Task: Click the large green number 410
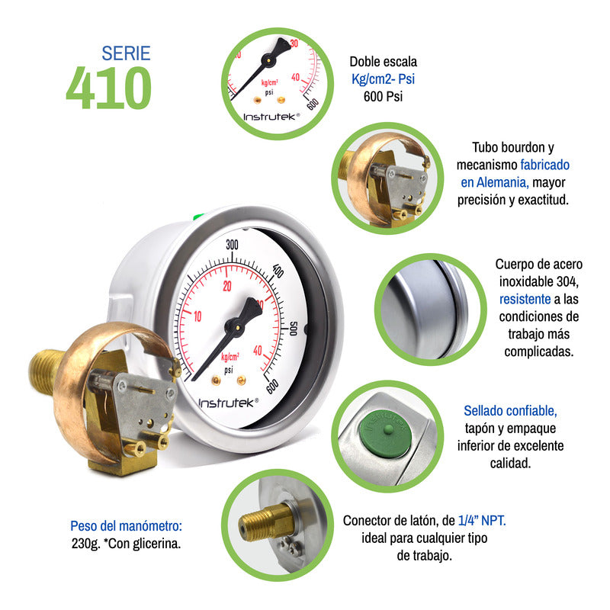[108, 88]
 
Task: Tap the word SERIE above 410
[126, 53]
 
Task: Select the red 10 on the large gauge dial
[197, 316]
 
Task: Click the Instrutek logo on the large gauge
[228, 402]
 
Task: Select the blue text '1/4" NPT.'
[482, 520]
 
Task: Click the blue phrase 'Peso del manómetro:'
[127, 526]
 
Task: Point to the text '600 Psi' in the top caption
[383, 96]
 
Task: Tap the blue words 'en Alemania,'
[494, 182]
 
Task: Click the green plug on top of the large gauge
[197, 217]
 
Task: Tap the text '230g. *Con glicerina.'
[126, 544]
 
